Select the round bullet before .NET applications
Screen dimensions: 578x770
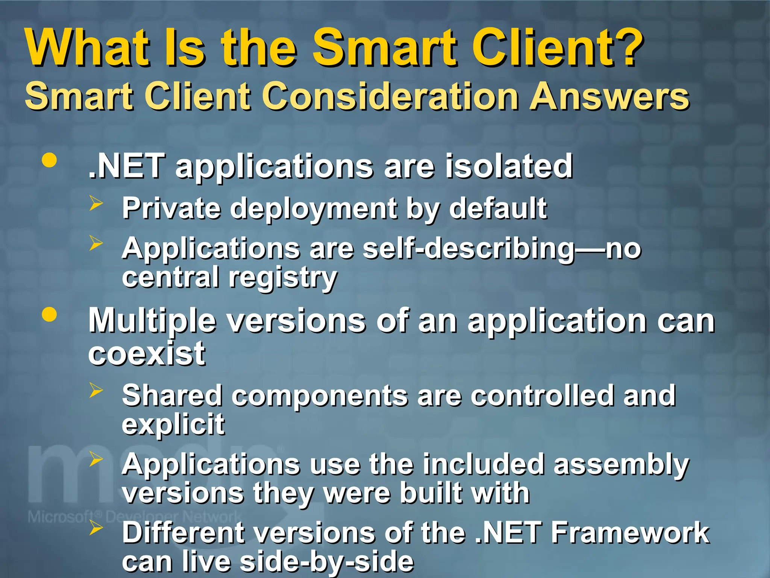point(49,161)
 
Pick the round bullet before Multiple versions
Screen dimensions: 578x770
point(49,315)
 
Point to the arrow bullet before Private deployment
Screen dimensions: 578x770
point(96,204)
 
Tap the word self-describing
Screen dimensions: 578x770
point(468,249)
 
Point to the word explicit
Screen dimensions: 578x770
point(173,424)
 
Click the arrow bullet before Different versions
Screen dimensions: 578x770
point(96,528)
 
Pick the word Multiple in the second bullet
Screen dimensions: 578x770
point(152,321)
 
